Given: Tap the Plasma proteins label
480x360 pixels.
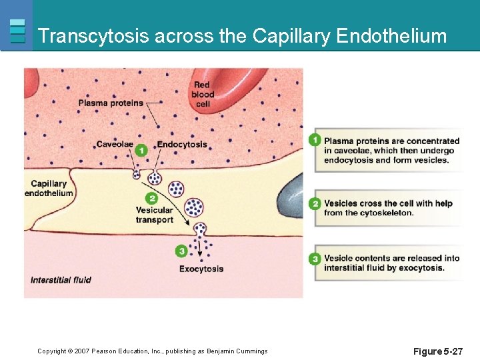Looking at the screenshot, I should point(111,103).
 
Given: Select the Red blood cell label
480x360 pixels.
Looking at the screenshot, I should point(203,94).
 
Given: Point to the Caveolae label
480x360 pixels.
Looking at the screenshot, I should point(114,145).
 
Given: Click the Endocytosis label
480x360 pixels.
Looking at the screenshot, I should point(182,145).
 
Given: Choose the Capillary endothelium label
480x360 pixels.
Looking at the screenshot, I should point(49,188).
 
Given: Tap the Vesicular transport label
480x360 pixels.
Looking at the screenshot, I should point(154,215).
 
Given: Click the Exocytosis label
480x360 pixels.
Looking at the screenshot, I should point(201,269).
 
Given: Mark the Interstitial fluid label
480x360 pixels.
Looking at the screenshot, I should point(61,280).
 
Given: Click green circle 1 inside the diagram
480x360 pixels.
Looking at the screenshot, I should point(141,151).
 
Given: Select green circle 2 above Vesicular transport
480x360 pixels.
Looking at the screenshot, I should point(152,199).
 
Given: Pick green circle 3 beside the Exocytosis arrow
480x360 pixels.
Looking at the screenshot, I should point(181,251).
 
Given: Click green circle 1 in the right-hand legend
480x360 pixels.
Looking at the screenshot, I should point(315,140).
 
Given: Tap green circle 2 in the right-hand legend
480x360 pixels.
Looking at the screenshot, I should point(315,203).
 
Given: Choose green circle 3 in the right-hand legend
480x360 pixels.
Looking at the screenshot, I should point(315,259).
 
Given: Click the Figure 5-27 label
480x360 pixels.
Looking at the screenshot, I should point(437,351).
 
